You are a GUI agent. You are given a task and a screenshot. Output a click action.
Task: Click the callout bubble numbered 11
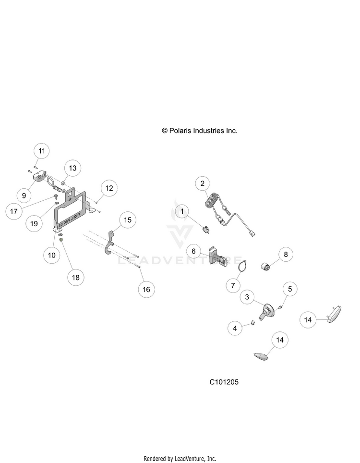click(42, 151)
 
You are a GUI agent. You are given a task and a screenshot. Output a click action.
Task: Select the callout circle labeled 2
click(203, 183)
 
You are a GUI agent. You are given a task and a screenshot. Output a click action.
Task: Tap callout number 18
click(76, 277)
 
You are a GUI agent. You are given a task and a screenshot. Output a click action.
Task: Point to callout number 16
click(146, 289)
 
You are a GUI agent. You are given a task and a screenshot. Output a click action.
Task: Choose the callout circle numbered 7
click(233, 285)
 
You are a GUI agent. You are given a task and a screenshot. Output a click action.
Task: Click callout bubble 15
click(127, 220)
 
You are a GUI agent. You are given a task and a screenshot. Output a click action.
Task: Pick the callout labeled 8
click(285, 255)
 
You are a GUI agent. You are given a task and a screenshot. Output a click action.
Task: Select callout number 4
click(235, 329)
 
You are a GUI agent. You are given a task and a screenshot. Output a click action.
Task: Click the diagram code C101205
click(224, 382)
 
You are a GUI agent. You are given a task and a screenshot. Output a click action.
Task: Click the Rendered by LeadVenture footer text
click(180, 459)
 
